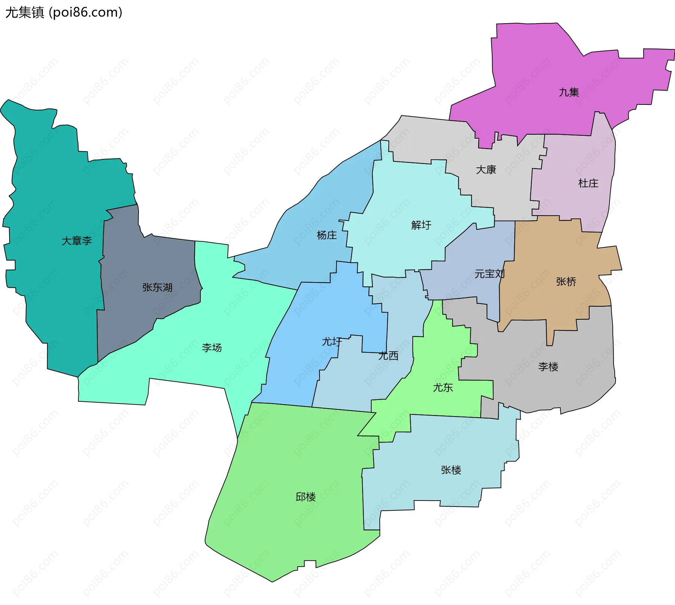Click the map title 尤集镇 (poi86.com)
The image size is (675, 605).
click(x=64, y=12)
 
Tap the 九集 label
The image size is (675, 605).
click(x=569, y=92)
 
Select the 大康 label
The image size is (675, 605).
click(x=486, y=170)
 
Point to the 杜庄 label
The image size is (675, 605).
click(x=588, y=183)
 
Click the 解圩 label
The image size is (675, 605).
click(x=421, y=225)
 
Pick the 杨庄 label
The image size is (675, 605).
click(x=327, y=235)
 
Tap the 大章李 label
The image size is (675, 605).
click(x=77, y=241)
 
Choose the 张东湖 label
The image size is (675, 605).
click(x=157, y=287)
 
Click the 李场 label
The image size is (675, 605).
click(x=212, y=348)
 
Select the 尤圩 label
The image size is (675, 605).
click(x=332, y=342)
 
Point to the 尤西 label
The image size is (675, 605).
click(x=388, y=356)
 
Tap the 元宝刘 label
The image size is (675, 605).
click(x=489, y=274)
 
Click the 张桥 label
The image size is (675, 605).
click(x=566, y=282)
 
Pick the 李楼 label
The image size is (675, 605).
click(x=548, y=367)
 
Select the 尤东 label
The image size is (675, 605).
click(x=443, y=388)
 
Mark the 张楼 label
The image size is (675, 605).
click(x=451, y=470)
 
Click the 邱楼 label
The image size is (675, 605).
click(x=306, y=497)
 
